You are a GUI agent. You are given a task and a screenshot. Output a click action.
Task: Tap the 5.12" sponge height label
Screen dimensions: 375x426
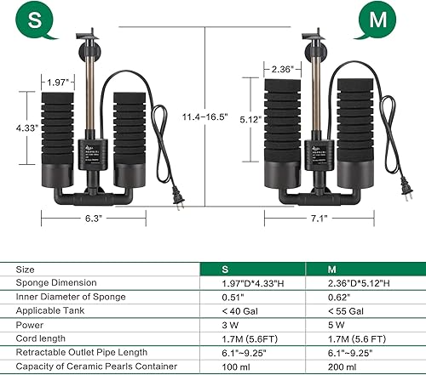pos(248,119)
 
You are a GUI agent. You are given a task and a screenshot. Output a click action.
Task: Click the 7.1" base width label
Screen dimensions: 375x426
pos(322,217)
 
